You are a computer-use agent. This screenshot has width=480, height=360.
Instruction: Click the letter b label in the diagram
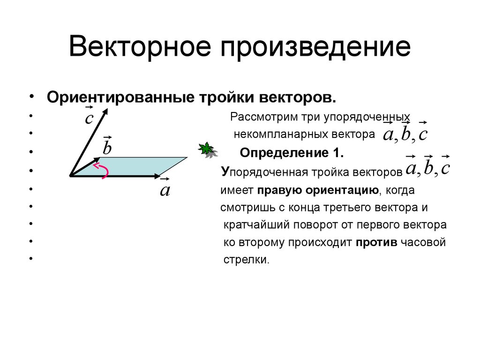pyautogui.click(x=107, y=149)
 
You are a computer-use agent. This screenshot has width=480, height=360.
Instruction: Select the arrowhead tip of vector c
pyautogui.click(x=106, y=111)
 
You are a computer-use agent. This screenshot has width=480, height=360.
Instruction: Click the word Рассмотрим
pyautogui.click(x=259, y=116)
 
